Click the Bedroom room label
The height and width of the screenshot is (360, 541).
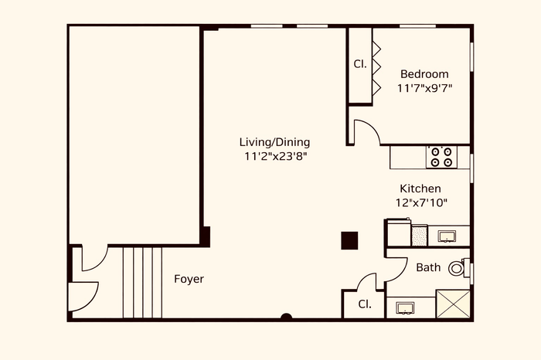pos(424,74)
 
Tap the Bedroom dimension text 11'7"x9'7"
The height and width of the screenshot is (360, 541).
pos(424,88)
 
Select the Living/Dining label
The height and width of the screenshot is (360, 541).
pos(274,142)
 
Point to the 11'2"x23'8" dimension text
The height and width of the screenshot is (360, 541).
pos(276,156)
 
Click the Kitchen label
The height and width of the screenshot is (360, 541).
pos(420,188)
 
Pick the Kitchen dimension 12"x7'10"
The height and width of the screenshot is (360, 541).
pos(421,202)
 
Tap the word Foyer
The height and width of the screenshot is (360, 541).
pos(189,279)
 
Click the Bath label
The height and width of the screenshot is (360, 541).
pos(428,267)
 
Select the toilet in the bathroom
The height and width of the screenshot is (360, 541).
pos(459,267)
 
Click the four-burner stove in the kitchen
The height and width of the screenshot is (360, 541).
pos(441,157)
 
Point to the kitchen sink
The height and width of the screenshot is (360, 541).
pos(447,236)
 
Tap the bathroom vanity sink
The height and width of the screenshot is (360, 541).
pos(406,308)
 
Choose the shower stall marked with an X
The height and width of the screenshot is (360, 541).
pos(453,304)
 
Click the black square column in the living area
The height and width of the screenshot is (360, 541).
pos(349,240)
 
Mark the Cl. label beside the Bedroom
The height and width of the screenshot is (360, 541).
pos(360,64)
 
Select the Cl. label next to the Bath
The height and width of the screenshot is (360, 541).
pos(365,304)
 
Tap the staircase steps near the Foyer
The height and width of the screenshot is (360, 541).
pos(142,282)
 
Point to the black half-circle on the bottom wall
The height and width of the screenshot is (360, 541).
pos(286,317)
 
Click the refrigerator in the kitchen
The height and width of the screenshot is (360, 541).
pos(399,233)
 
